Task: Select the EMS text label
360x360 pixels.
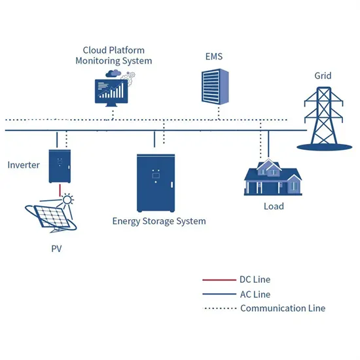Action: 213,57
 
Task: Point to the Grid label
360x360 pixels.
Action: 323,76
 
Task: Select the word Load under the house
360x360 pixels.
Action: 274,206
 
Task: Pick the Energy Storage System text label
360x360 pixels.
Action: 159,221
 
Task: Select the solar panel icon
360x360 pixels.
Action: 51,216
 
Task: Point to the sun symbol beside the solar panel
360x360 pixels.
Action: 68,198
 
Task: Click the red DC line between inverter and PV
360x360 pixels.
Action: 61,190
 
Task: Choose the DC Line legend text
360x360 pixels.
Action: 255,280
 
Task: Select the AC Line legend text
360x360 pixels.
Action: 255,295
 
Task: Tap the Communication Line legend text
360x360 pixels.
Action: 283,308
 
